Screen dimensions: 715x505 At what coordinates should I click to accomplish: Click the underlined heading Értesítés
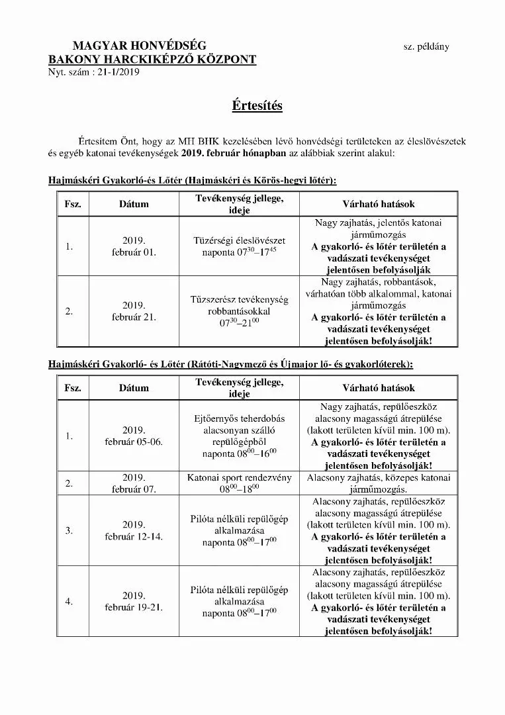click(257, 106)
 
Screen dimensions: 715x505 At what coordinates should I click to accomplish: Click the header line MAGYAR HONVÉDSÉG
click(139, 46)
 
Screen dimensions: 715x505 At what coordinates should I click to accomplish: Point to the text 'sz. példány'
click(426, 46)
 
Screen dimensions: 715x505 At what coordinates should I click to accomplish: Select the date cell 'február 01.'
click(134, 252)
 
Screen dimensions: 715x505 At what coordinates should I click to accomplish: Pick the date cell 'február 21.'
click(134, 317)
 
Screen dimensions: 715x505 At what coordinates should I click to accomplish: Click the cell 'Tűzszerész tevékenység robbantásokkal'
click(239, 305)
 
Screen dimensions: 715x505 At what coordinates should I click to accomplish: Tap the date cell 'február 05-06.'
click(134, 442)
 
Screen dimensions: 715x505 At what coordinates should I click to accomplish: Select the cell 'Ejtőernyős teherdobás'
click(239, 418)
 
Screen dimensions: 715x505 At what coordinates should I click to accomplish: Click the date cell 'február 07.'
click(134, 489)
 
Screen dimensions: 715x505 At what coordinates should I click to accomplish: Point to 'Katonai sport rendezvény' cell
click(239, 477)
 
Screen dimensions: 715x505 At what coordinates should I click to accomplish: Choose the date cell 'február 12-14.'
click(134, 536)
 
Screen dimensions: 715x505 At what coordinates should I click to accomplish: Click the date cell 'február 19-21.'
click(134, 607)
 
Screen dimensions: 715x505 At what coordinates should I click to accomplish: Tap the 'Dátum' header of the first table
click(134, 205)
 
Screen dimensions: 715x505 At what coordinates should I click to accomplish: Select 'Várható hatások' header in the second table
click(379, 388)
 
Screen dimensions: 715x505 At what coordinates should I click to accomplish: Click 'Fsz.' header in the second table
click(73, 388)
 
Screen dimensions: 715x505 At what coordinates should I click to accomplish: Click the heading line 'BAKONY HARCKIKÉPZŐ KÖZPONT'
click(152, 59)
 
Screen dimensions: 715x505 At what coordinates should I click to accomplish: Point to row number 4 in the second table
click(69, 601)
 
